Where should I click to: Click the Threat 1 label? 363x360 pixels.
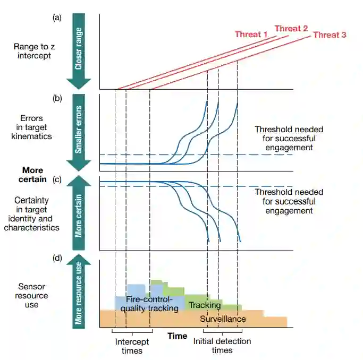[251, 35]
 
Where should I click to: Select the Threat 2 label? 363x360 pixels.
[291, 28]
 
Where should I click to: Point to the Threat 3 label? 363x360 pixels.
[330, 35]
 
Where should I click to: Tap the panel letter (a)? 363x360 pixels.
[57, 18]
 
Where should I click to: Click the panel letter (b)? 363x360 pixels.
[57, 98]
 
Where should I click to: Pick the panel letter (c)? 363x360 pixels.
[57, 179]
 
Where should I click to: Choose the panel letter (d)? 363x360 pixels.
[57, 259]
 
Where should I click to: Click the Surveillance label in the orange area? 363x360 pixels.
[223, 319]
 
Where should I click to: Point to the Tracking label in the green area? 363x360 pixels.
[205, 305]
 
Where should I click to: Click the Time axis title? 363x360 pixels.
[177, 336]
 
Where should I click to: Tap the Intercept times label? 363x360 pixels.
[132, 346]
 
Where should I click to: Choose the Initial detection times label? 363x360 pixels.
[222, 346]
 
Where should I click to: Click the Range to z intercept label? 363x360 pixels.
[33, 50]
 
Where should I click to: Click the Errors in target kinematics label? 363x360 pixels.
[32, 127]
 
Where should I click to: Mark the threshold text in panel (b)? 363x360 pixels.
[289, 138]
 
